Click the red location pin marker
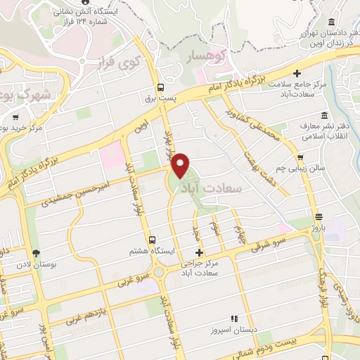181,165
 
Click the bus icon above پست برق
162,88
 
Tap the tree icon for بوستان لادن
36,253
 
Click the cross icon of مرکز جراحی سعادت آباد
199,252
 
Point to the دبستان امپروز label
234,329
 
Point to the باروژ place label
320,228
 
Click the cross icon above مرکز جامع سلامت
297,72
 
